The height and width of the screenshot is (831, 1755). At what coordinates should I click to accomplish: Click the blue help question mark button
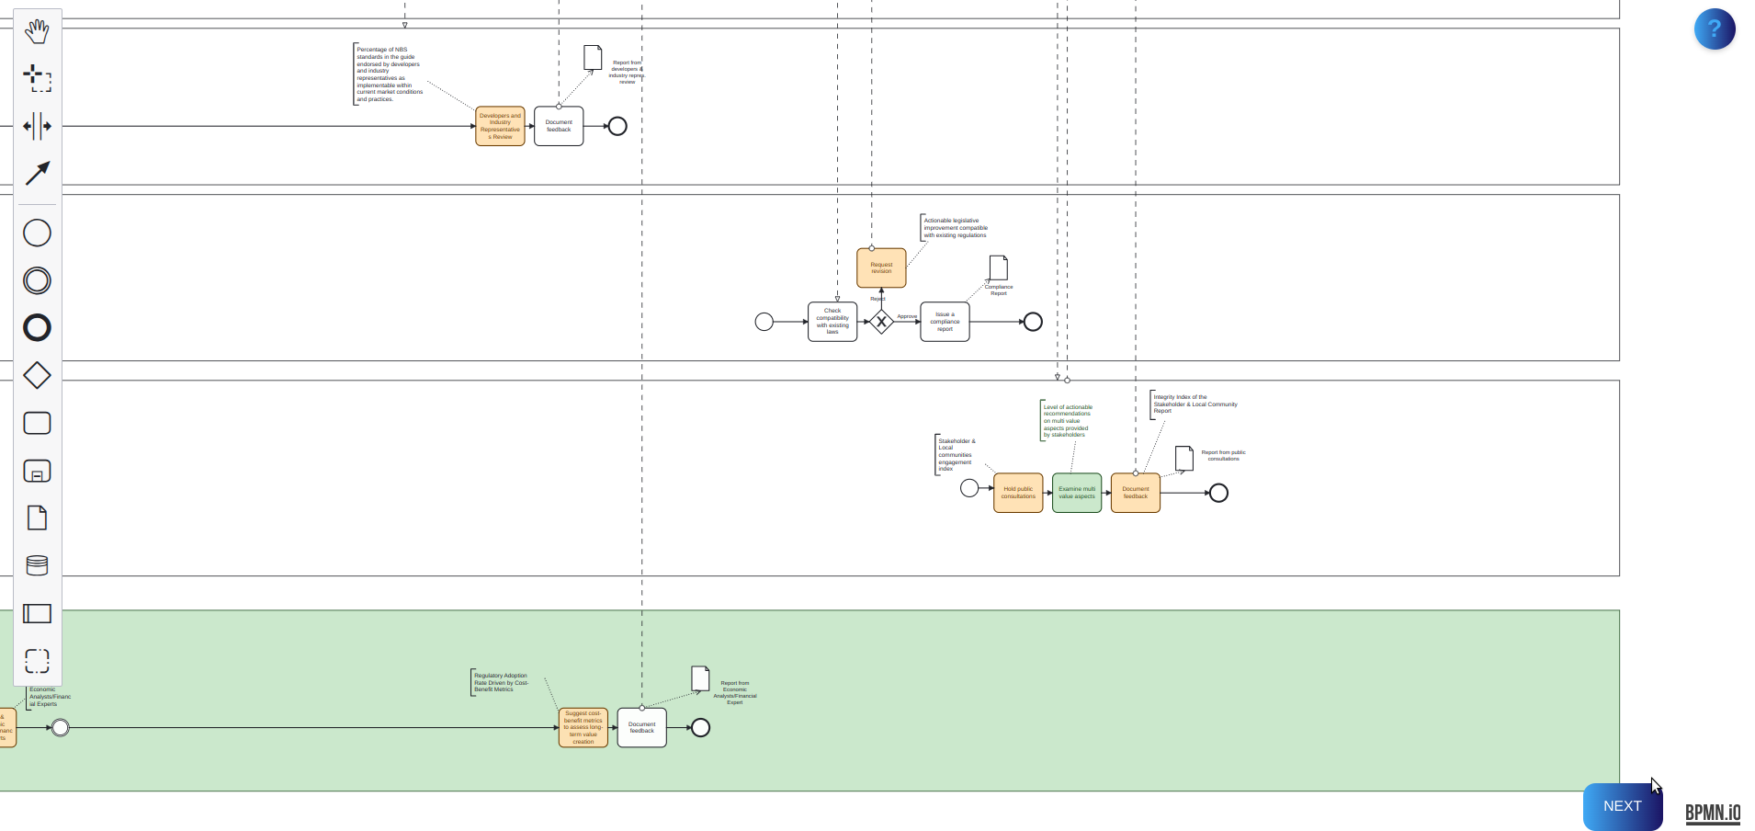point(1714,28)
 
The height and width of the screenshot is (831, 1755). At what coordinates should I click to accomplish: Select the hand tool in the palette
point(37,31)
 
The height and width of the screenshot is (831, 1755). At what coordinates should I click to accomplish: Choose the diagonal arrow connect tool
point(37,174)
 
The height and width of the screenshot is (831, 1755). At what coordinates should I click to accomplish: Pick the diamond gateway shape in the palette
point(37,375)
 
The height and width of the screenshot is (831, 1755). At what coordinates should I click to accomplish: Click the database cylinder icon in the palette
point(37,565)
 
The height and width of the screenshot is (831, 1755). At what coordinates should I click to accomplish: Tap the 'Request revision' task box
point(881,268)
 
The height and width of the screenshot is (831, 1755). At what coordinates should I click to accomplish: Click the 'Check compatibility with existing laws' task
point(832,322)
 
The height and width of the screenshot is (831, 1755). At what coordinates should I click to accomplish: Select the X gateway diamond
point(881,322)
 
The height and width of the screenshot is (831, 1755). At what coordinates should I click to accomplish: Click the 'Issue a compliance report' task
point(945,322)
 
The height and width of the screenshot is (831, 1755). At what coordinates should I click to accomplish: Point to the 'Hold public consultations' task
point(1018,493)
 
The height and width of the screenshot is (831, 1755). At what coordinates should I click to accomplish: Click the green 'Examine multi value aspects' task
point(1077,493)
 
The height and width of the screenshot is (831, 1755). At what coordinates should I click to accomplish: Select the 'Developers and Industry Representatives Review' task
point(500,126)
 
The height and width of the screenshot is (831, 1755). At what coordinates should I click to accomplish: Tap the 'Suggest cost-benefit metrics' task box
point(583,727)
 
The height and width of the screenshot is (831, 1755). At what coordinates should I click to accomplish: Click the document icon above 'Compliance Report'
point(999,268)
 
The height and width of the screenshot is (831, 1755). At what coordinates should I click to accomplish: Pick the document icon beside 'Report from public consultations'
point(1184,458)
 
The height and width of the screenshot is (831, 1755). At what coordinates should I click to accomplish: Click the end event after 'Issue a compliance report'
point(1033,322)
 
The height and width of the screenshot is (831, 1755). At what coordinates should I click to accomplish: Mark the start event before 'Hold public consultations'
point(969,488)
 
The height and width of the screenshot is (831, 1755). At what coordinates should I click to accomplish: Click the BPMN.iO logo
point(1713,813)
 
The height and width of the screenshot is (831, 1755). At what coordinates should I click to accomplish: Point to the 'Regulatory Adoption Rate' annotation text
point(501,682)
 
